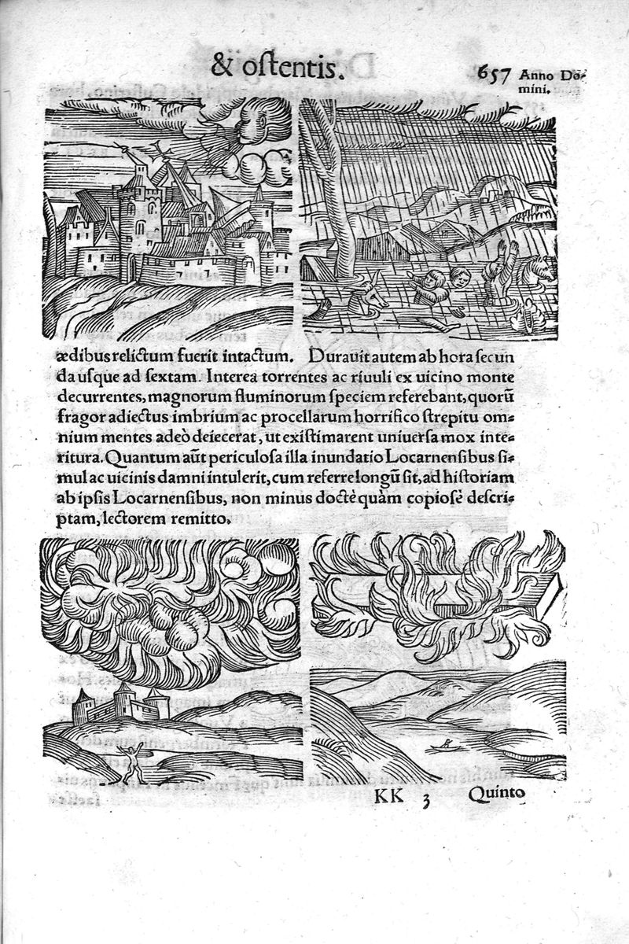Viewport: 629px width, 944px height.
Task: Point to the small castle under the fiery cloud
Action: pyautogui.click(x=118, y=704)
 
